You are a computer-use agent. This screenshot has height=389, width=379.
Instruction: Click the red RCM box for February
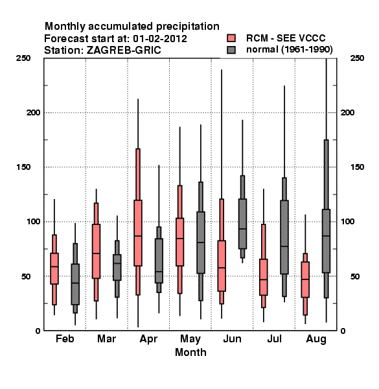54,268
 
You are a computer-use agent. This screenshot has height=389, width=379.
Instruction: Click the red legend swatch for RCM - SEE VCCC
231,38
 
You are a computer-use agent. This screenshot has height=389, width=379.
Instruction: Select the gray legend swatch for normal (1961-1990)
231,50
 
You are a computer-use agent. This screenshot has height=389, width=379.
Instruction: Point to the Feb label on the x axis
65,339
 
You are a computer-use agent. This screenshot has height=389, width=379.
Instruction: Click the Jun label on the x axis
232,339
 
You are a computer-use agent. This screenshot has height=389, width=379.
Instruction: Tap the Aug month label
316,340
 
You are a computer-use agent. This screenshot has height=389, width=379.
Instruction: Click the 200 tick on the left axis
33,112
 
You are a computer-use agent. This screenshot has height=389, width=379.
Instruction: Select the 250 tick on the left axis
23,58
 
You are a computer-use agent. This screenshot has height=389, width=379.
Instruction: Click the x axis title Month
190,352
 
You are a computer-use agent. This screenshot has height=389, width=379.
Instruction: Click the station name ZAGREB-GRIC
124,51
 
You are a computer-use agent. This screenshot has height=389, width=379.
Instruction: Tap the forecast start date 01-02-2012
160,39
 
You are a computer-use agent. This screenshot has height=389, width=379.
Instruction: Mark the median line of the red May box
180,239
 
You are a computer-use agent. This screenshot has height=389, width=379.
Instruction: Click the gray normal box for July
284,237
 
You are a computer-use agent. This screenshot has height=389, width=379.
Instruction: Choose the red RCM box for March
96,252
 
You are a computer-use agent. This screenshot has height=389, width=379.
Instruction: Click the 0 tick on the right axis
343,331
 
